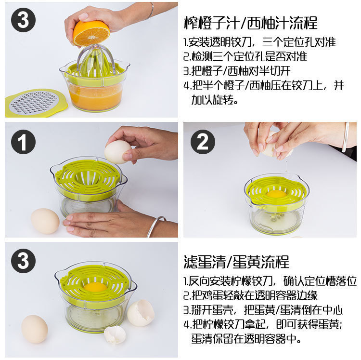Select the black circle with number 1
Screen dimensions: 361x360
(x=23, y=142)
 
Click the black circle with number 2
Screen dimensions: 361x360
(x=203, y=142)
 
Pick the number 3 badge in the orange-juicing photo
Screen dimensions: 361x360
(x=23, y=20)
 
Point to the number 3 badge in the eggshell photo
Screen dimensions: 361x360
(x=23, y=261)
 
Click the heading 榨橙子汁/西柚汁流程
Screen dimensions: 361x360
(x=251, y=23)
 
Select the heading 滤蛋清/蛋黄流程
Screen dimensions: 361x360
(x=236, y=262)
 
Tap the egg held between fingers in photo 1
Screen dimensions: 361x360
(x=117, y=152)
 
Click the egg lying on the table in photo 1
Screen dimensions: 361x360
(x=45, y=221)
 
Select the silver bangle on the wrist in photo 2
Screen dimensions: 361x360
(x=346, y=137)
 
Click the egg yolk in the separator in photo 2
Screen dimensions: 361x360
(x=276, y=194)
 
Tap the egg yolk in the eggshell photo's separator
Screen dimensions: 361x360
(x=95, y=287)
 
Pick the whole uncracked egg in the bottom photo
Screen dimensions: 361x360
(x=35, y=329)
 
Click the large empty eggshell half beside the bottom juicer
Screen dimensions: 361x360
(x=141, y=313)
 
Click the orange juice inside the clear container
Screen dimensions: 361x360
(x=95, y=95)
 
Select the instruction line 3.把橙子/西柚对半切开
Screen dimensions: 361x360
(x=237, y=71)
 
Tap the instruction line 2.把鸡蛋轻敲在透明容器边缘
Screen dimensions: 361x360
(x=251, y=295)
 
